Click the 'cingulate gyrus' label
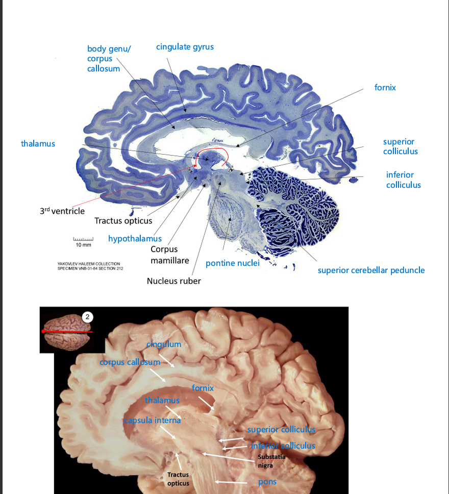(x=185, y=47)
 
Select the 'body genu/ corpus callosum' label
(x=109, y=59)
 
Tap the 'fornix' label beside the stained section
(x=385, y=87)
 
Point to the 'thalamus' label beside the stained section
(x=38, y=144)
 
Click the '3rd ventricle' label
(x=62, y=211)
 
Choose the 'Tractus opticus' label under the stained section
(x=123, y=220)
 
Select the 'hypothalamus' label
(x=135, y=238)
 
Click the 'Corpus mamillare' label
(x=170, y=255)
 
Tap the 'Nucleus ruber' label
(x=173, y=281)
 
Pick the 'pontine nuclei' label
(x=233, y=263)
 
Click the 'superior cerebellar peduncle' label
(x=371, y=270)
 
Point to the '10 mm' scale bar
(x=83, y=239)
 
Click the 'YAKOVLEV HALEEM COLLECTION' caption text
(x=89, y=264)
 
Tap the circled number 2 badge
(x=88, y=317)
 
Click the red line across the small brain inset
(x=67, y=331)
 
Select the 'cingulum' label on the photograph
(x=164, y=344)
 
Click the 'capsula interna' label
(x=153, y=421)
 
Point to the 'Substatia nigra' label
(x=271, y=461)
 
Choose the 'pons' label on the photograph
(x=267, y=482)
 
